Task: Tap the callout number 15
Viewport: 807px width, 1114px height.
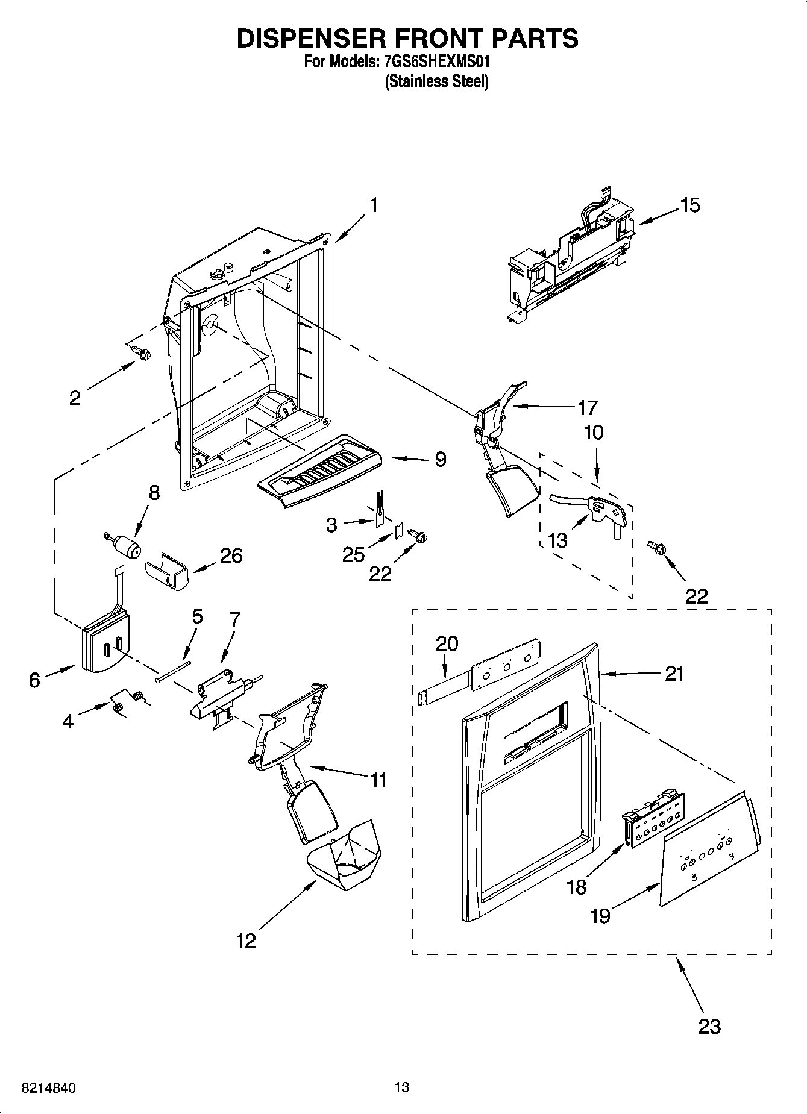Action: [690, 205]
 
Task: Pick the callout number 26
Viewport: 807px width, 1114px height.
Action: [231, 555]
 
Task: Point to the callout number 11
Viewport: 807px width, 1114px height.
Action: [378, 780]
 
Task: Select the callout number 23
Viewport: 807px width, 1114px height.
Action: [709, 1025]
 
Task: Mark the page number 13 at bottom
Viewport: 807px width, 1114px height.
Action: [401, 1087]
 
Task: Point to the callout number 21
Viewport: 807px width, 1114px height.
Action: [674, 673]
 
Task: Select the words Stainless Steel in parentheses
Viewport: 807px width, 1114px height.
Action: [436, 82]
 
